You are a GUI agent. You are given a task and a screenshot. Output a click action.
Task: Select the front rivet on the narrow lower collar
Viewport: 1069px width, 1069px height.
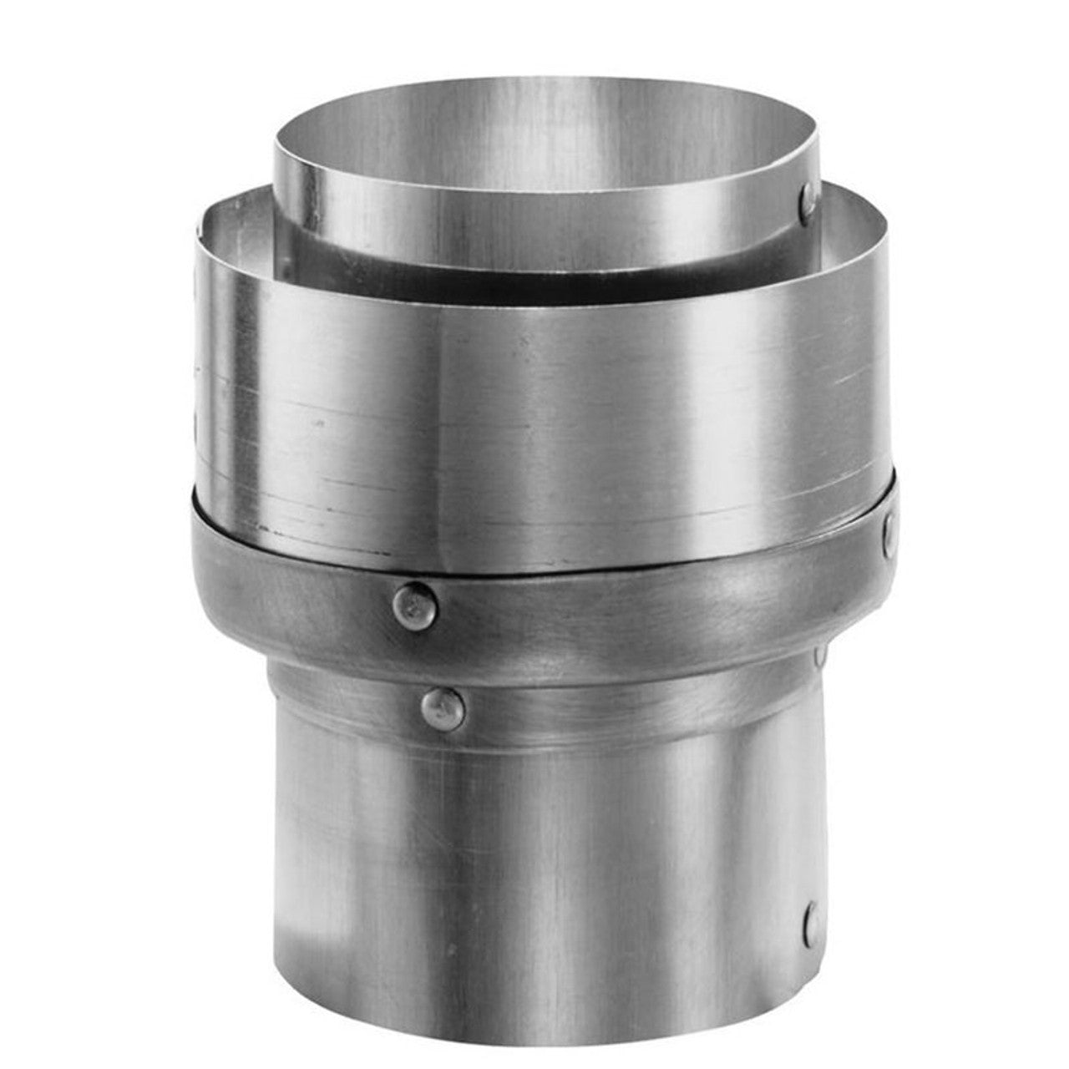tap(443, 709)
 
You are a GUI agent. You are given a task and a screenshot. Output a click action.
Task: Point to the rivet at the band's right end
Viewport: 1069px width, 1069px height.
tap(889, 527)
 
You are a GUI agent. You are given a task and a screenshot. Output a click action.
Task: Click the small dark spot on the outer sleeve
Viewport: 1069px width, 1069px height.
tap(318, 423)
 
